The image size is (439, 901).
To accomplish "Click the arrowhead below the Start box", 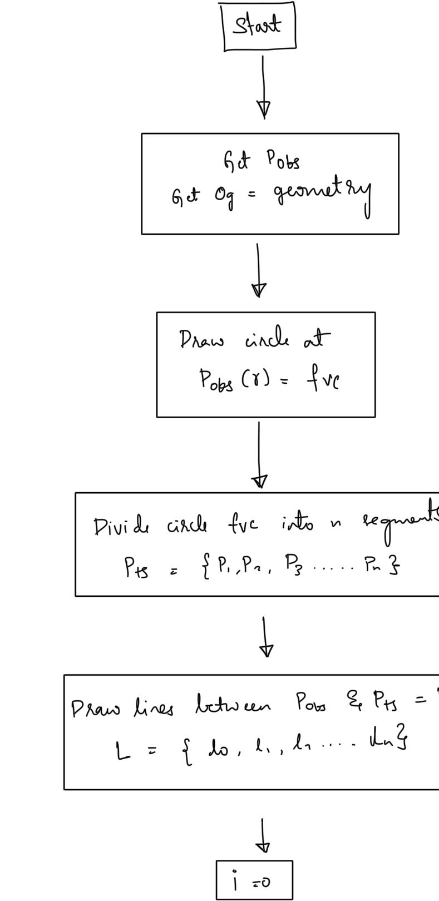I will (264, 108).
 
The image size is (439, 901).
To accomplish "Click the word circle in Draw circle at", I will (267, 339).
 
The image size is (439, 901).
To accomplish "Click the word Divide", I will (122, 526).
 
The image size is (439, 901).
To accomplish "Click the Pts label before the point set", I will (136, 567).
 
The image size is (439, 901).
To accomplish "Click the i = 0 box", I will (254, 880).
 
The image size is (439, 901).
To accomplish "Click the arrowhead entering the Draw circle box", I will (259, 290).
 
